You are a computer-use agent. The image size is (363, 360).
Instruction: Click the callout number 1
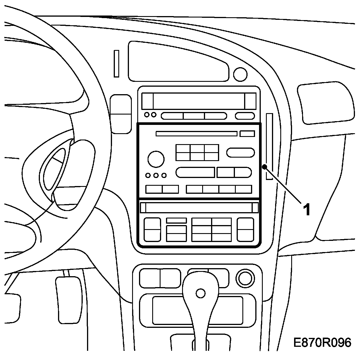[x=307, y=210]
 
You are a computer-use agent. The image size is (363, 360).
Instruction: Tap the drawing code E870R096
[x=322, y=342]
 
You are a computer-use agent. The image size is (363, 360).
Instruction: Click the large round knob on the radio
[x=156, y=159]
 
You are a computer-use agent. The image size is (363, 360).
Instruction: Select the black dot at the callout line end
[x=264, y=167]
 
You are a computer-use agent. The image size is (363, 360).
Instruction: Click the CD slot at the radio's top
[x=196, y=133]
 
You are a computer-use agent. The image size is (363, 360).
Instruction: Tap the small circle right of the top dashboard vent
[x=240, y=74]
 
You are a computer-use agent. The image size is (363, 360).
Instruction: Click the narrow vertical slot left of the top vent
[x=116, y=63]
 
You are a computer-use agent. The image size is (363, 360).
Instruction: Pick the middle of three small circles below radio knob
[x=156, y=175]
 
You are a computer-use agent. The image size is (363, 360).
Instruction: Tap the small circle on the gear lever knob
[x=200, y=293]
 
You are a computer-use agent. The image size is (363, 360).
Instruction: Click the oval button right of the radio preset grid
[x=240, y=152]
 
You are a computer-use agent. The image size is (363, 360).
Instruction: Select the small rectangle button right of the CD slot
[x=247, y=133]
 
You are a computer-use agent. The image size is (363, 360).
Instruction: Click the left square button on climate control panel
[x=152, y=229]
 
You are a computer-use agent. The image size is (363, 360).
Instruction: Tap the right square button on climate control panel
[x=246, y=229]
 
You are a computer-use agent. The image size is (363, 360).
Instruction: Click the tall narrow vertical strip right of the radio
[x=269, y=146]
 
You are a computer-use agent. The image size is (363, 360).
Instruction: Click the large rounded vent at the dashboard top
[x=179, y=61]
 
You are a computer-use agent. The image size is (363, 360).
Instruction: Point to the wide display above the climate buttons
[x=199, y=208]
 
